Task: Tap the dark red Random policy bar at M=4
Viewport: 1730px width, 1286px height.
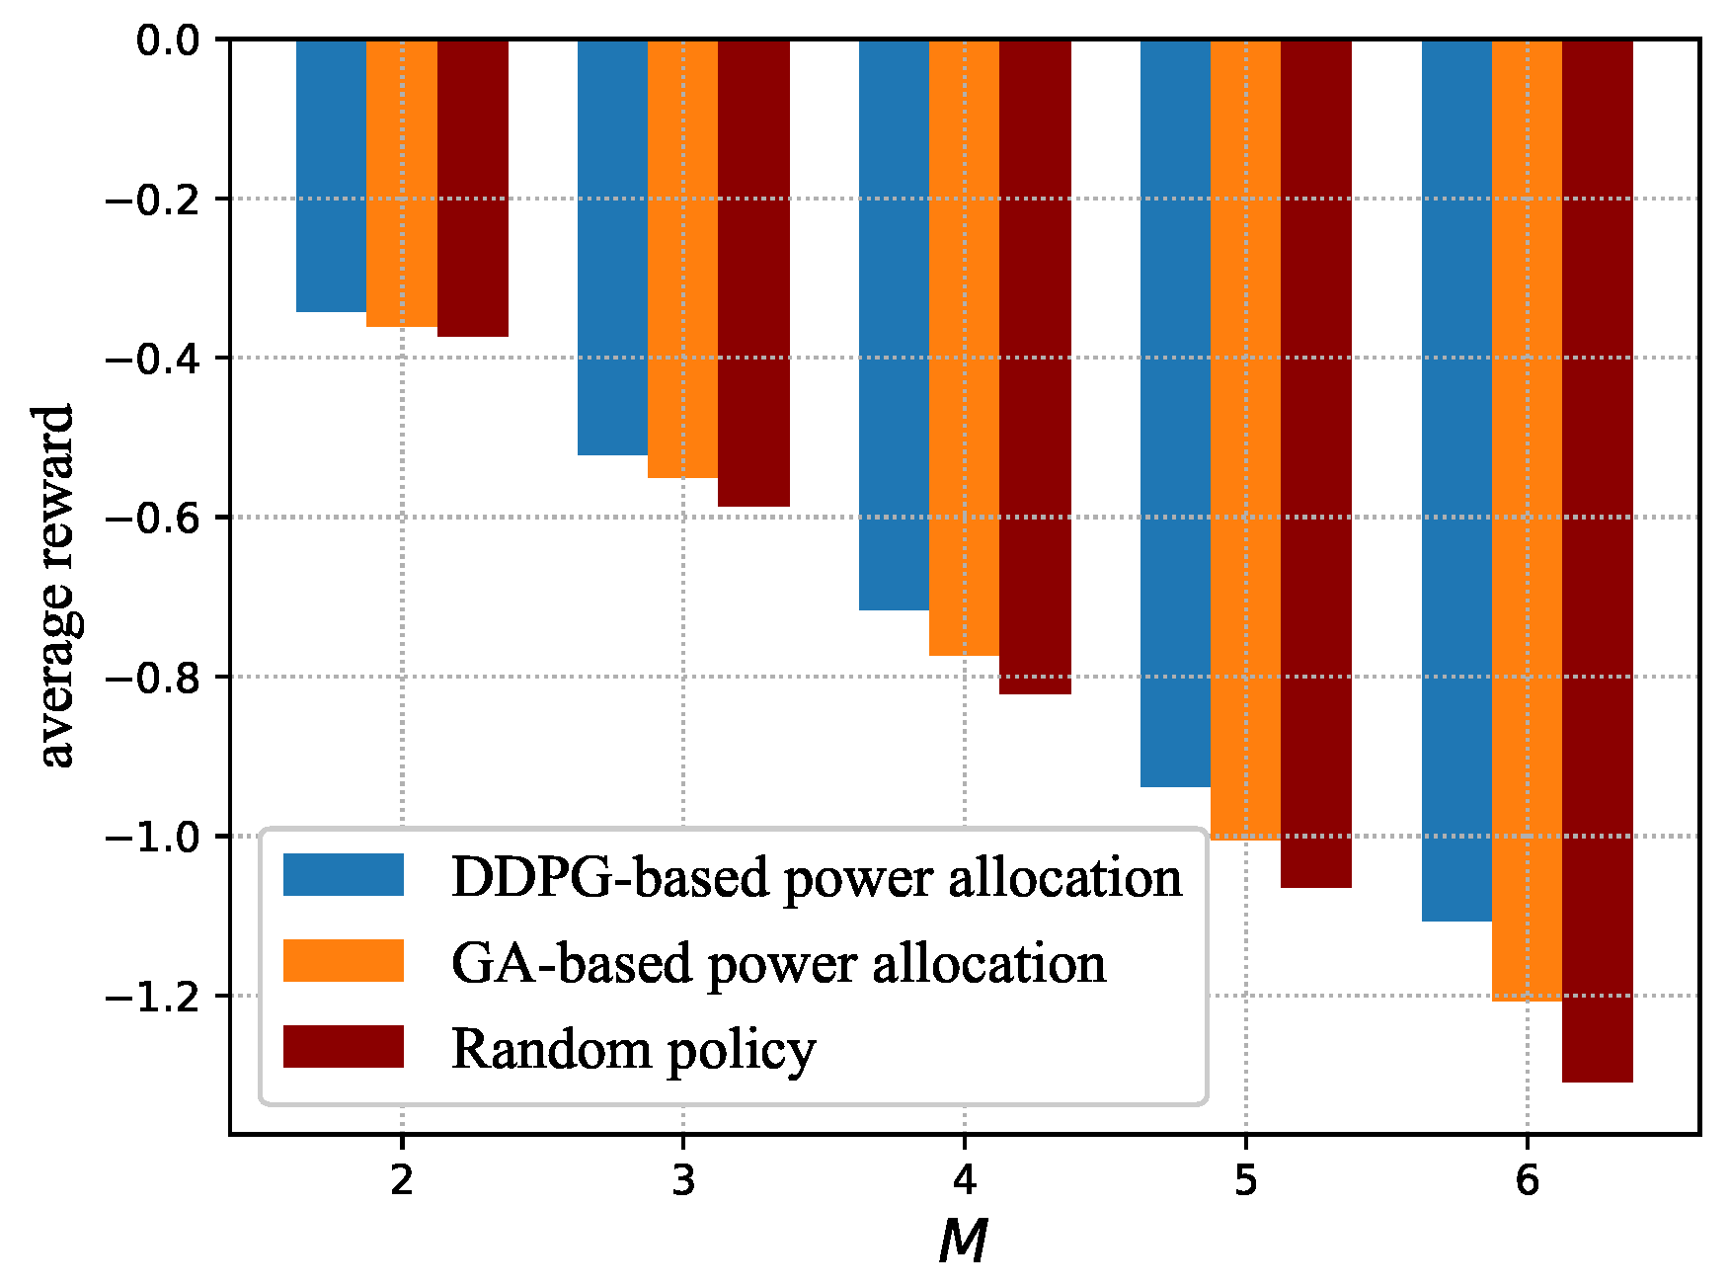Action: tap(1035, 366)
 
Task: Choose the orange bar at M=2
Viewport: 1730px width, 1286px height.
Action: tap(401, 183)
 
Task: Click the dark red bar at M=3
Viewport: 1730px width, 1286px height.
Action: tap(753, 273)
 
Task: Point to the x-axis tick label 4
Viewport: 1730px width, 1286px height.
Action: tap(964, 1180)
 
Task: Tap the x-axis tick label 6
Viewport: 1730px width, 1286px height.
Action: tap(1527, 1180)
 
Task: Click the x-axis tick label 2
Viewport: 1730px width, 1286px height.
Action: tap(401, 1180)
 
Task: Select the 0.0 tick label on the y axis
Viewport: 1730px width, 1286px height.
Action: tap(167, 40)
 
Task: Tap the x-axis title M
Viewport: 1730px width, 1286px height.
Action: tap(963, 1242)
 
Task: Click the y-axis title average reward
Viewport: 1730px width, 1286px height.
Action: tap(56, 585)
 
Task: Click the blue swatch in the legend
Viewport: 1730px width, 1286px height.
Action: tap(343, 875)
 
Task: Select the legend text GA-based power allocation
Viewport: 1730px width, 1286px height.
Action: tap(778, 963)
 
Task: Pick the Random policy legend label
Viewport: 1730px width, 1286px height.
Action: tap(633, 1049)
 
